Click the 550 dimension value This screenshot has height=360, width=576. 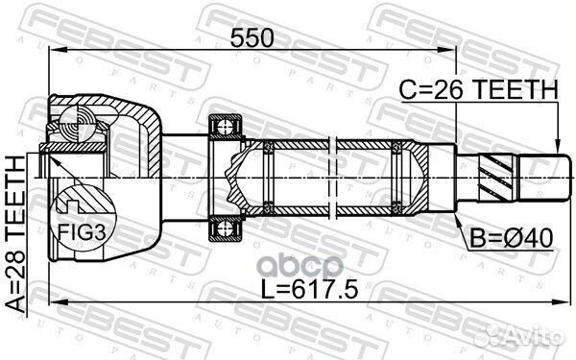252,37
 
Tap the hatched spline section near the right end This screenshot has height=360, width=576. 498,179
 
